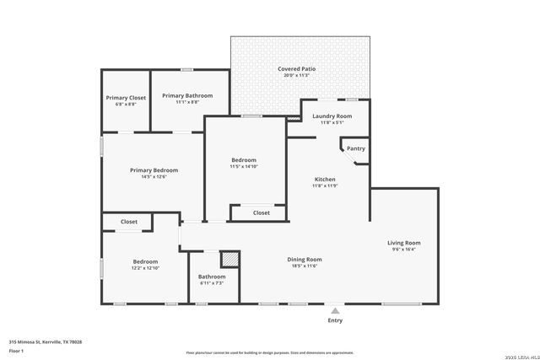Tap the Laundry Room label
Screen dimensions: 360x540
click(x=332, y=116)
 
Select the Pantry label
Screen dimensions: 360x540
click(x=356, y=148)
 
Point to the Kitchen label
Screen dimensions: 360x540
click(x=326, y=180)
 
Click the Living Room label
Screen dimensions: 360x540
click(x=404, y=243)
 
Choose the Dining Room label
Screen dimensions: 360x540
click(x=305, y=260)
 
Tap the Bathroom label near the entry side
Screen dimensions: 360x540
click(x=212, y=277)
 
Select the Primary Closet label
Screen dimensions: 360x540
click(x=126, y=98)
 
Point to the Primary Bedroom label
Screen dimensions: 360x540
click(x=154, y=170)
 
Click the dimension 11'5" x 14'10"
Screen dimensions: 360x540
click(x=244, y=167)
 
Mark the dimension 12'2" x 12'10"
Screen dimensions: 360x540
click(x=145, y=268)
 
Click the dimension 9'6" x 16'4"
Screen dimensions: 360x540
click(x=404, y=250)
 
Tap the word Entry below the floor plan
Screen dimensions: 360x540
click(x=335, y=320)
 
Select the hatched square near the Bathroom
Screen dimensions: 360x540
click(x=229, y=260)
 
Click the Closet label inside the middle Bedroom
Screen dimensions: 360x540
click(x=262, y=212)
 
